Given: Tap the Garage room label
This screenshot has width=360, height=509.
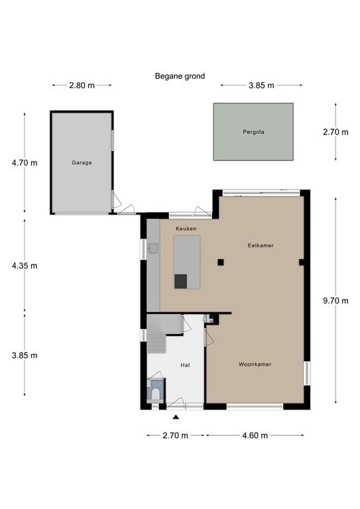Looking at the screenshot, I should tap(82, 162).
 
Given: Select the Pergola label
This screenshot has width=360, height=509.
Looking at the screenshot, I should tap(253, 132).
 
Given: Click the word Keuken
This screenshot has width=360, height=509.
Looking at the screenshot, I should tap(186, 228).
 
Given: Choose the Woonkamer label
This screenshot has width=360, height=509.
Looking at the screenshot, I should tap(255, 365).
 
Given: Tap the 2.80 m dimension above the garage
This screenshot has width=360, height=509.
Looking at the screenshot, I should tap(82, 85).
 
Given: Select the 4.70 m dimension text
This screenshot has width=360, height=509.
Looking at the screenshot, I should tap(24, 162).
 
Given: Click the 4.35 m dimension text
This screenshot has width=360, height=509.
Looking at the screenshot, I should tap(24, 266).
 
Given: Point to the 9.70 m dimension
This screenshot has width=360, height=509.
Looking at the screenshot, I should tap(335, 300).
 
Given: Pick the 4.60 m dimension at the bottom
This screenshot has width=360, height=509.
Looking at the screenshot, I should tap(255, 435).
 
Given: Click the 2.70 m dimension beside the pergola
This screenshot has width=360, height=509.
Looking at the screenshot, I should tap(335, 132).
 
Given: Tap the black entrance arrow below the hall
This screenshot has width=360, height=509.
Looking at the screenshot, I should tap(176, 417).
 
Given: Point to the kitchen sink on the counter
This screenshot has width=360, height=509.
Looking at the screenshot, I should tap(153, 248).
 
